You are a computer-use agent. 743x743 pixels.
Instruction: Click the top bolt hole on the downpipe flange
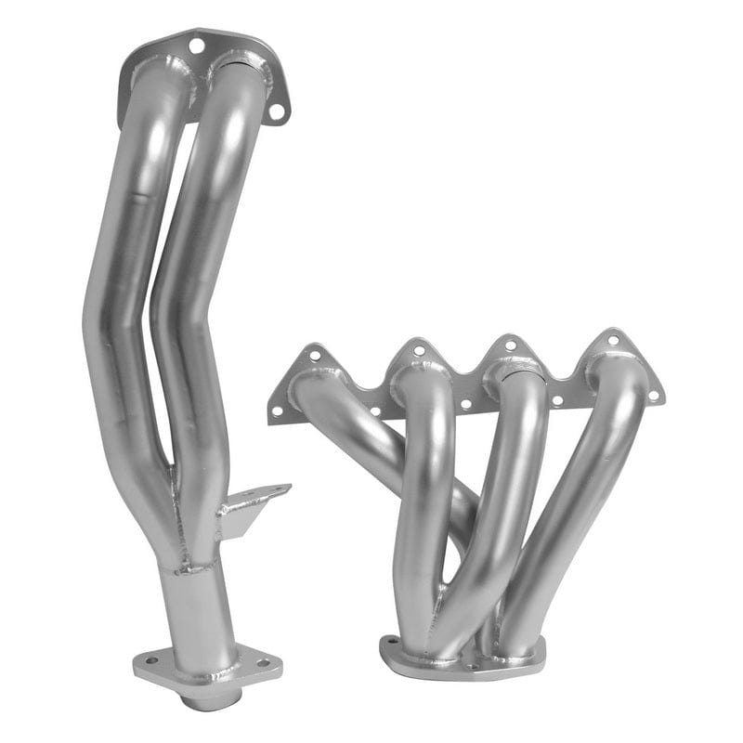(196, 44)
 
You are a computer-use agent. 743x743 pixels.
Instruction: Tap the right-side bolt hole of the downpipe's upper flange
(276, 111)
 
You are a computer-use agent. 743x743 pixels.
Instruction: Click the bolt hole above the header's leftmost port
(314, 354)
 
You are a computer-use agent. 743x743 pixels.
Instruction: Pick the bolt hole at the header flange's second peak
(419, 350)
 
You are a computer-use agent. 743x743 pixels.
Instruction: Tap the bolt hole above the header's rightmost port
(612, 340)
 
